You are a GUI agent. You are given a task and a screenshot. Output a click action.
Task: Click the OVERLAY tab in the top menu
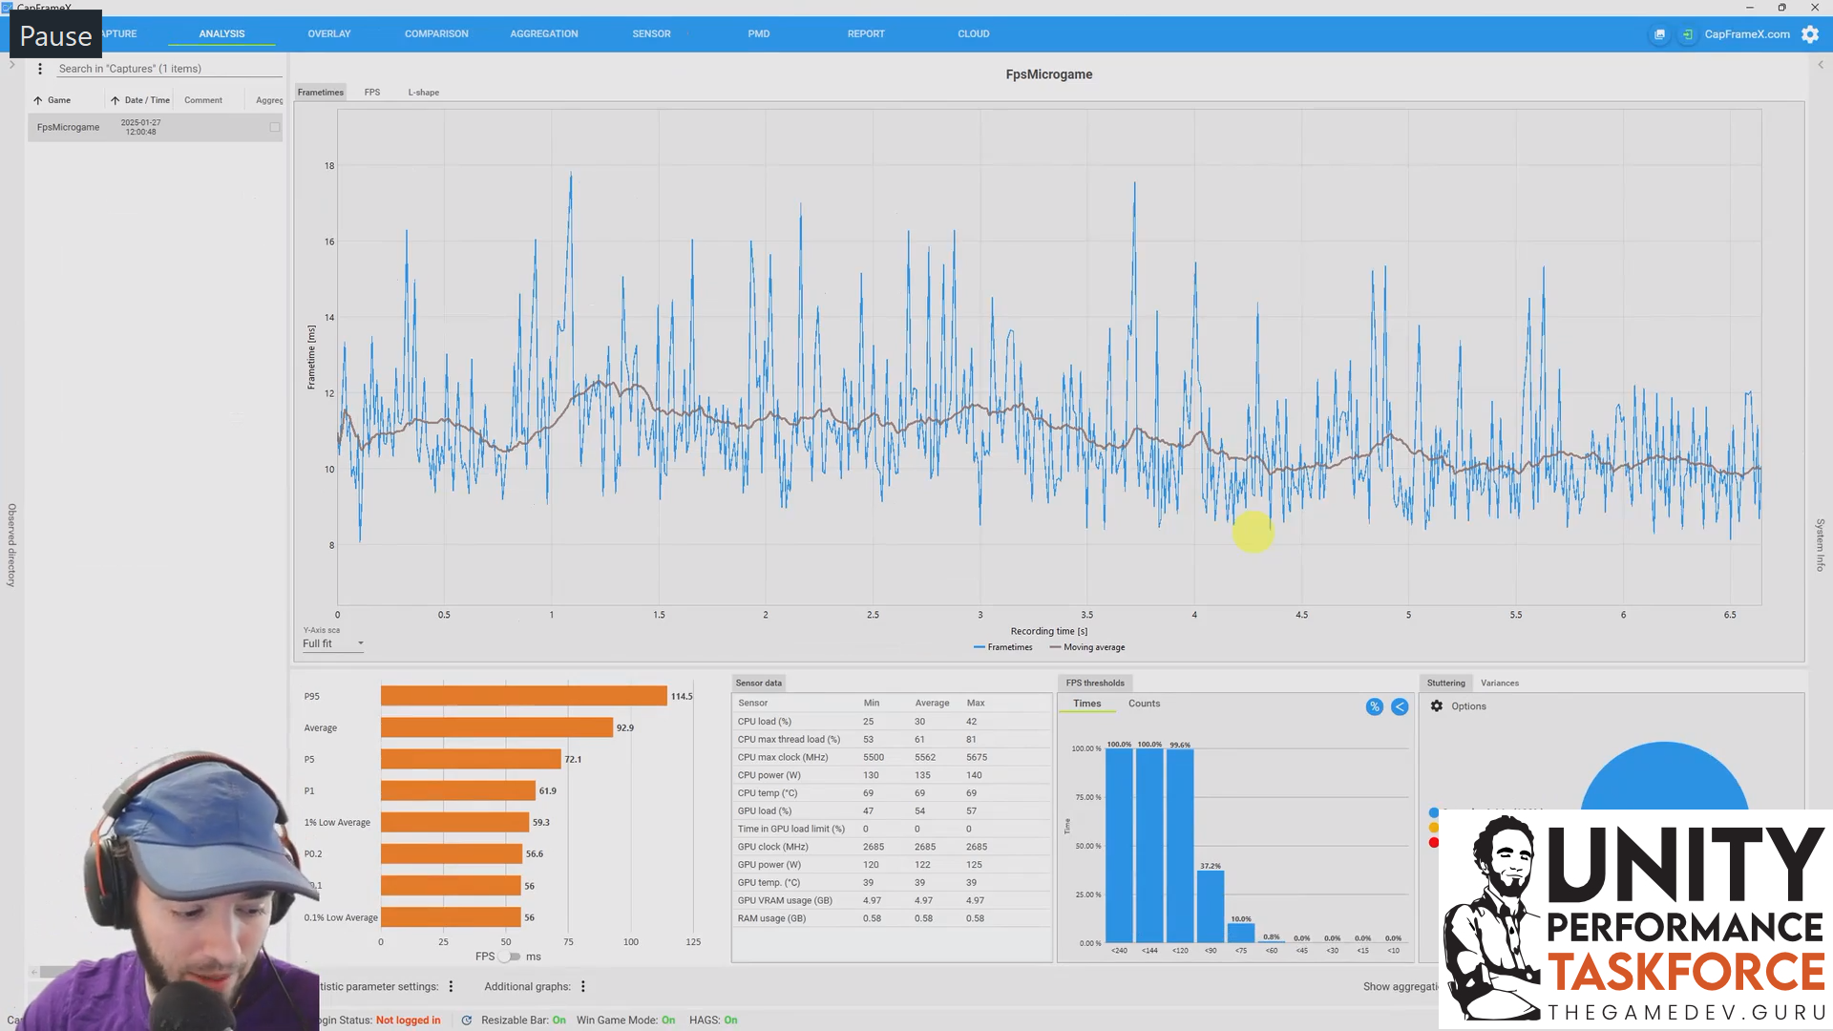tap(328, 33)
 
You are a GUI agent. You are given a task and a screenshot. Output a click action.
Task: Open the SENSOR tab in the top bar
tap(651, 33)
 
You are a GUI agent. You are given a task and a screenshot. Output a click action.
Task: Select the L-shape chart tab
tap(423, 93)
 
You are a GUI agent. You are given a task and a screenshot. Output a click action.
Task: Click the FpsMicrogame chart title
tap(1048, 74)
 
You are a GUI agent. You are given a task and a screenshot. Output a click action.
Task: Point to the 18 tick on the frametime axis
tap(329, 166)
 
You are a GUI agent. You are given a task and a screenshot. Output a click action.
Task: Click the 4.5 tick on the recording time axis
tap(1301, 615)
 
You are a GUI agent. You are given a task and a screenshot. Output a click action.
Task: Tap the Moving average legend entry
tap(1093, 647)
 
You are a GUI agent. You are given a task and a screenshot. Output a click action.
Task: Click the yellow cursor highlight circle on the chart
tap(1253, 532)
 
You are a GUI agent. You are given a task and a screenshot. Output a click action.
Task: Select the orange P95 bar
tap(523, 696)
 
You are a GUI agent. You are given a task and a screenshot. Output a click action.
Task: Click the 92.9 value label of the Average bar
tap(624, 727)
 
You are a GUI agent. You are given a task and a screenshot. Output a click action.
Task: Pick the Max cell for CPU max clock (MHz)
tap(976, 757)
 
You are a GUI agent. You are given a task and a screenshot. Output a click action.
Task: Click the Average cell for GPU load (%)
tap(919, 810)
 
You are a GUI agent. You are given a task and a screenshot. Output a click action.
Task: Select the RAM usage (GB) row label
tap(771, 918)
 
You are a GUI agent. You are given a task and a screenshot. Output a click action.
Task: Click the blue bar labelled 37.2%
tap(1210, 907)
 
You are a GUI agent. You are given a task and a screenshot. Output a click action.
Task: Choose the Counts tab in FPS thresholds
tap(1144, 704)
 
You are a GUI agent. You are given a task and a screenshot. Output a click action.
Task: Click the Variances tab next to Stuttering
tap(1499, 683)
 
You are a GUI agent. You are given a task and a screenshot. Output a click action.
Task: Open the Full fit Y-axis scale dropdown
tap(332, 643)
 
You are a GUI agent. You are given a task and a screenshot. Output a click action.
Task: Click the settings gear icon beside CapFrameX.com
tap(1809, 34)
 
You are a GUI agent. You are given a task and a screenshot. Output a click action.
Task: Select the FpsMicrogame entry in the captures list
tap(68, 127)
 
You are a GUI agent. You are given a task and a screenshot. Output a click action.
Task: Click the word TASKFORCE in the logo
tap(1685, 973)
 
